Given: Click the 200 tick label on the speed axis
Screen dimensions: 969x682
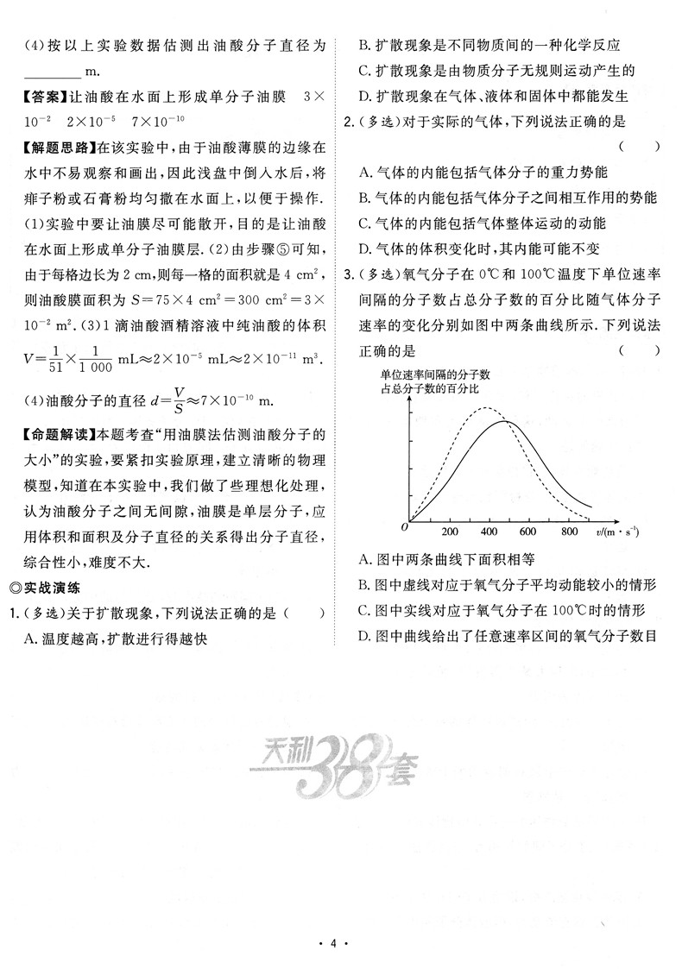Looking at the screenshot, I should click(x=450, y=532).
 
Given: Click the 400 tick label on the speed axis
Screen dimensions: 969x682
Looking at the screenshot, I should click(x=489, y=532).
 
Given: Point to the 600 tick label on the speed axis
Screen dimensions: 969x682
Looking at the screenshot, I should click(x=528, y=532).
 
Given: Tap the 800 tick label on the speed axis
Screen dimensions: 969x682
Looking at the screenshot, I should click(x=568, y=532).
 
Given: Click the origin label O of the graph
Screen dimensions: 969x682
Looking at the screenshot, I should click(x=403, y=526).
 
